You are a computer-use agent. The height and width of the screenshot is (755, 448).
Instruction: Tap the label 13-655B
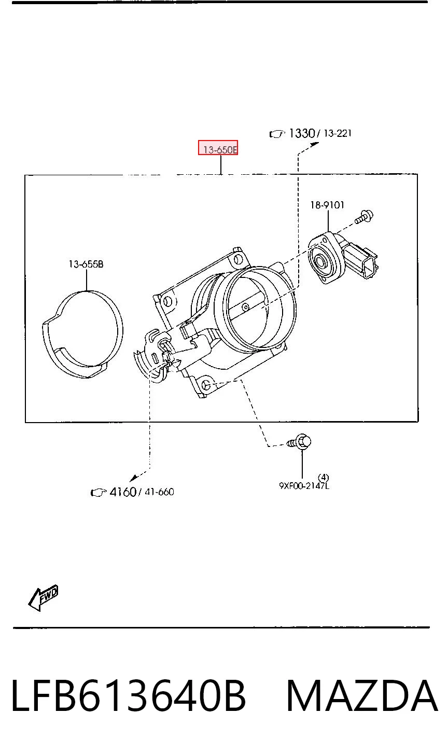(86, 264)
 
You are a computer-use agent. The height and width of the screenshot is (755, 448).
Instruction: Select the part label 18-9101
(327, 205)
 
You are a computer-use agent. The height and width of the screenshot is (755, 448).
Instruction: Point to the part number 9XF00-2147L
(304, 486)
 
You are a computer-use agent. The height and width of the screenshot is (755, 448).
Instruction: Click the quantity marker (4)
(323, 477)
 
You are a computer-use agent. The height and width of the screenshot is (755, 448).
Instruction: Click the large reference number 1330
(302, 133)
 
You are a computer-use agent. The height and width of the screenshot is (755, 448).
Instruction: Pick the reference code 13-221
(338, 133)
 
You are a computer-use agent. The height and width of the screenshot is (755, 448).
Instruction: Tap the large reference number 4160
(123, 492)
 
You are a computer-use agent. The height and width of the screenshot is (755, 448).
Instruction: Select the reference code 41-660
(160, 492)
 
